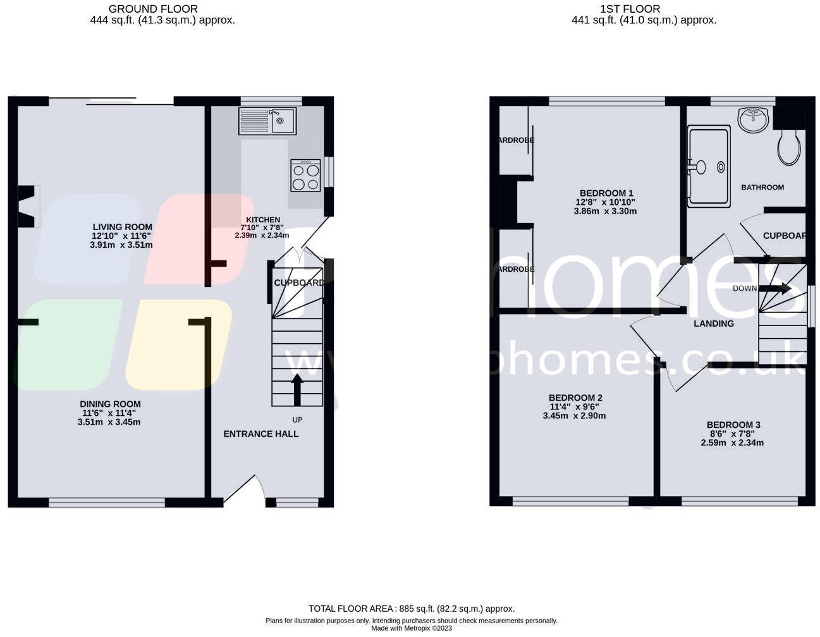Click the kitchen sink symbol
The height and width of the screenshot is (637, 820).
coord(267,121)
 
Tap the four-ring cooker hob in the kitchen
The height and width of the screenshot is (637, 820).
coord(305,175)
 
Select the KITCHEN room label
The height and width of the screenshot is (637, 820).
coord(262,220)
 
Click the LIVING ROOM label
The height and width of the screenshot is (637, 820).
coord(122,227)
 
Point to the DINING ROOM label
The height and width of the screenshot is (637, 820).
coord(110,404)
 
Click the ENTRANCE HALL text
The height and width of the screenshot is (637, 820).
coord(260,434)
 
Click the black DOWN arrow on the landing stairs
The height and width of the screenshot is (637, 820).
coord(776,288)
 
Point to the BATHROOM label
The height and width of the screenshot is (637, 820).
coord(762,187)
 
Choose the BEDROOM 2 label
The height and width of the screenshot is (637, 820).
coord(575,397)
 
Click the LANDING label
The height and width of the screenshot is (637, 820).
coord(713,324)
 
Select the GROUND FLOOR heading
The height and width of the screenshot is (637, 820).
coord(153,9)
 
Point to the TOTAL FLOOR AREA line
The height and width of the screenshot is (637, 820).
coord(411,609)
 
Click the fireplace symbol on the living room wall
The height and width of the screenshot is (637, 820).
coord(28,207)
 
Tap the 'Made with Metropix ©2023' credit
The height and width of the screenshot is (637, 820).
coord(411,628)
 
